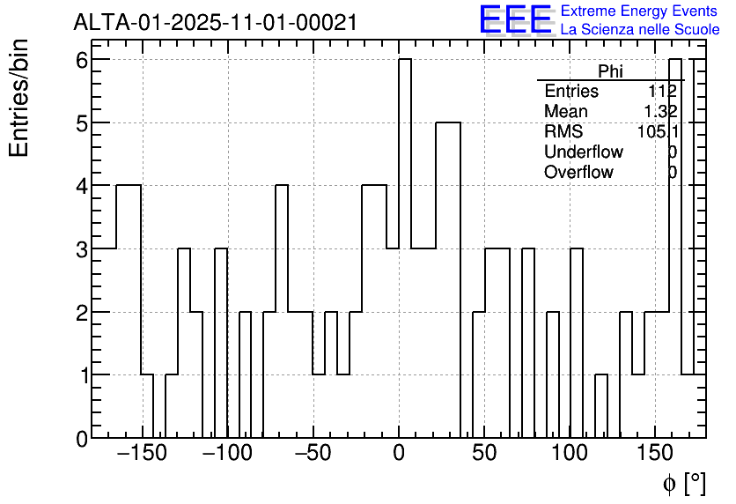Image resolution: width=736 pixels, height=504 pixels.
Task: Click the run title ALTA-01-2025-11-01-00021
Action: pyautogui.click(x=215, y=22)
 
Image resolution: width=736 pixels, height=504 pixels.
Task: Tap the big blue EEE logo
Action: pyautogui.click(x=515, y=19)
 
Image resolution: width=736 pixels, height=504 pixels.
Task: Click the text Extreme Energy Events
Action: pyautogui.click(x=640, y=11)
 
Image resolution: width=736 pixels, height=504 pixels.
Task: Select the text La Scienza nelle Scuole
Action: pyautogui.click(x=640, y=30)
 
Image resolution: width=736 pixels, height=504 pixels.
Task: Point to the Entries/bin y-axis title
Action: pyautogui.click(x=19, y=98)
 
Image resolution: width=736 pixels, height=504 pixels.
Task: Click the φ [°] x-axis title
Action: pyautogui.click(x=683, y=483)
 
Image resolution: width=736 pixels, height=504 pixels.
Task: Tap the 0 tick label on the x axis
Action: pyautogui.click(x=399, y=455)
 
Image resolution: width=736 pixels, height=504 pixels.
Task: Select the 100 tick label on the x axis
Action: pyautogui.click(x=570, y=455)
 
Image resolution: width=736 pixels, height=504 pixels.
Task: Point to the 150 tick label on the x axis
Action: pyautogui.click(x=657, y=455)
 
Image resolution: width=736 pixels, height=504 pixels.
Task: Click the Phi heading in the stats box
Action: pyautogui.click(x=610, y=71)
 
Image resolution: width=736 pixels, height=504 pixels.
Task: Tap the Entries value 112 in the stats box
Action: pyautogui.click(x=662, y=92)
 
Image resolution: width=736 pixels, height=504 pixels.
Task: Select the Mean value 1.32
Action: pyautogui.click(x=660, y=112)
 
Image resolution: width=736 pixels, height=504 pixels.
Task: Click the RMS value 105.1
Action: pyautogui.click(x=658, y=132)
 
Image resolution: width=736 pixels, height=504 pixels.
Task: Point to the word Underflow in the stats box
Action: pyautogui.click(x=583, y=152)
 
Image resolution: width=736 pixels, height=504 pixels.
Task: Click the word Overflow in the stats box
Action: pyautogui.click(x=578, y=173)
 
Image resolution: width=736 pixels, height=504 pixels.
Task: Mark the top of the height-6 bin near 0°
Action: pyautogui.click(x=405, y=60)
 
